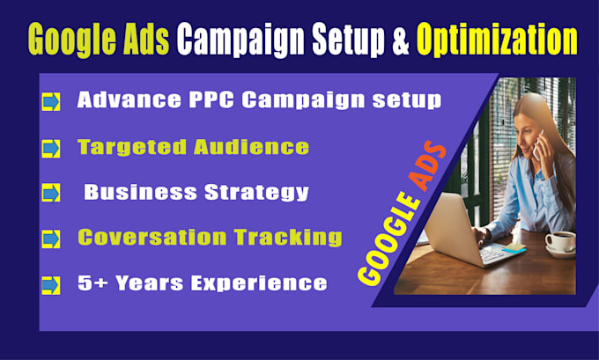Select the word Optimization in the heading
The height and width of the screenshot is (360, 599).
pyautogui.click(x=499, y=39)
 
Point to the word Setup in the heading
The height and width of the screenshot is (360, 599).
pyautogui.click(x=354, y=39)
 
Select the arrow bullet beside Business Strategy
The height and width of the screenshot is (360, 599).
pyautogui.click(x=51, y=193)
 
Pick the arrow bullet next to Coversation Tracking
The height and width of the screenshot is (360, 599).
pyautogui.click(x=51, y=238)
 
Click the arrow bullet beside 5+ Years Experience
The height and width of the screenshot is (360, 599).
pyautogui.click(x=51, y=283)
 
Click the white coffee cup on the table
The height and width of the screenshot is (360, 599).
pyautogui.click(x=558, y=240)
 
